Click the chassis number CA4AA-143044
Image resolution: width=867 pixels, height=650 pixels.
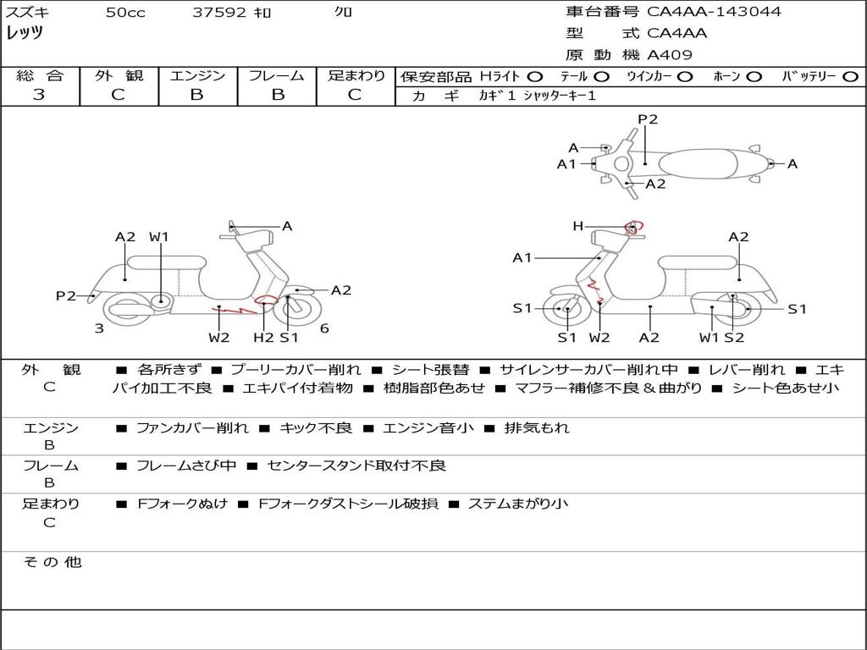coord(714,11)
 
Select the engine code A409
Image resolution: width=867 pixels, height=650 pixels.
coord(669,55)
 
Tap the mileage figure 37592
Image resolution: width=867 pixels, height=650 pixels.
coord(219,12)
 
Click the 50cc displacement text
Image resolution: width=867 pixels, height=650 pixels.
coord(125,12)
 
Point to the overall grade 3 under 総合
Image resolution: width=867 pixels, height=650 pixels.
coord(38,95)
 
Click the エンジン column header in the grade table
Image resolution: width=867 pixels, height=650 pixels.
coord(197,75)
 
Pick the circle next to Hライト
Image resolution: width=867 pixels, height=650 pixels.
coord(535,77)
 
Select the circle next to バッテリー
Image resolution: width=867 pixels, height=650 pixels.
coord(850,77)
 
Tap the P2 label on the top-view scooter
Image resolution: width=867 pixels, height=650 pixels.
coord(648,118)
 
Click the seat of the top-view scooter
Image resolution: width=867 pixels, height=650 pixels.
coord(699,163)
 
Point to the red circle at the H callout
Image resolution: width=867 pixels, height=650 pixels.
coord(633,227)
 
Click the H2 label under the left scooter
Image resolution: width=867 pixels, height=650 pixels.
coord(263,337)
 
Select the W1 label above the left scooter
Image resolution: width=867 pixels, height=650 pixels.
coord(158,237)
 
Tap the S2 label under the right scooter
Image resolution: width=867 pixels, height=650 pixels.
coord(734,337)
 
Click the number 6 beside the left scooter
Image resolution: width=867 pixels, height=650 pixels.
coord(324,328)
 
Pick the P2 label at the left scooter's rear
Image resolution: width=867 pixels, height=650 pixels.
coord(66,295)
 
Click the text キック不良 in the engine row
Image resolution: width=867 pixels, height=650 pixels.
coord(316,427)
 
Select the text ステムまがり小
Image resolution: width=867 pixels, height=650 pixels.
coord(518,504)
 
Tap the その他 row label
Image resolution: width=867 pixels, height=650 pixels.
coord(52,562)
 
